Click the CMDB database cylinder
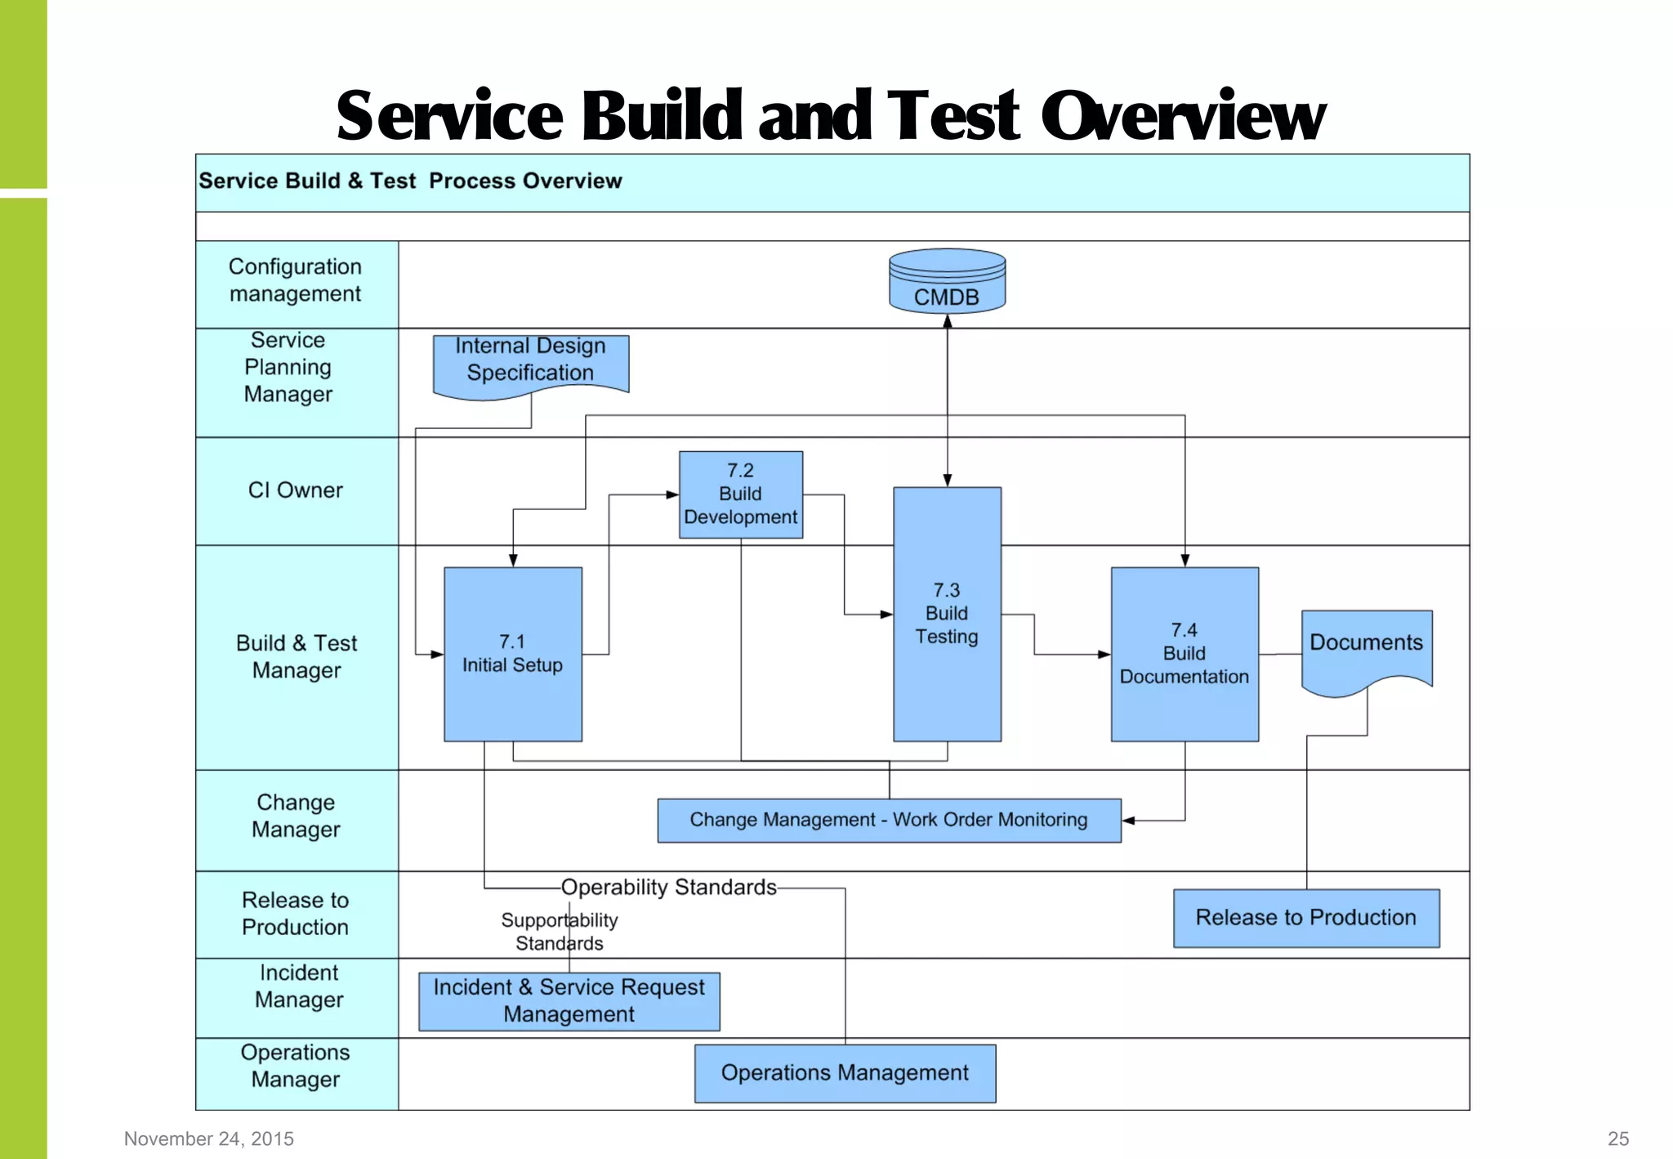(x=947, y=282)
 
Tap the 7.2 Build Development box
(x=740, y=494)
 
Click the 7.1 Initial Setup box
(x=512, y=654)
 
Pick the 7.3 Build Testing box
(x=947, y=614)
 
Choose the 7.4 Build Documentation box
(x=1184, y=654)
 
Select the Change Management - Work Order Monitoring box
(x=889, y=820)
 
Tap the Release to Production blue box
(x=1305, y=918)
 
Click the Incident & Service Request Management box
(x=569, y=1001)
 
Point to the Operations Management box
(x=845, y=1073)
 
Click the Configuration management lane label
(x=295, y=280)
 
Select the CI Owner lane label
(x=295, y=490)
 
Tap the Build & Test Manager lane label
(x=297, y=656)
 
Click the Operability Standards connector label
(x=668, y=888)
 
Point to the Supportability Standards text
(x=560, y=932)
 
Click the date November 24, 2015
(x=209, y=1139)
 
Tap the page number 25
(x=1617, y=1139)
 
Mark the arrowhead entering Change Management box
(x=1128, y=821)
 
